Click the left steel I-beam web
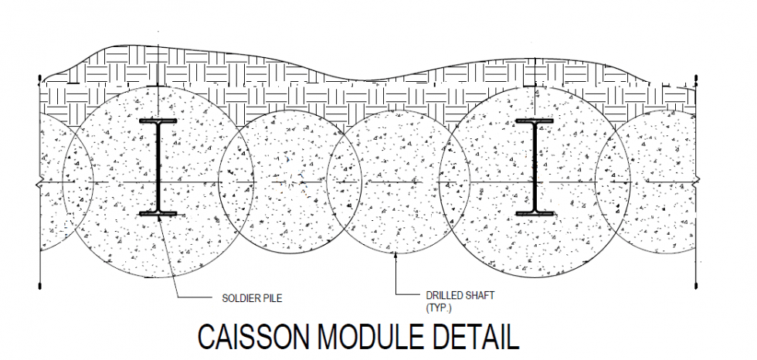coord(158,167)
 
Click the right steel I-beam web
coord(534,167)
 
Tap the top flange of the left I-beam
coord(158,122)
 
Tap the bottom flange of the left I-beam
coord(158,212)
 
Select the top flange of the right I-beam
coord(534,122)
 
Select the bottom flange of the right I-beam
coord(534,212)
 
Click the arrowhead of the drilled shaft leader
coord(395,256)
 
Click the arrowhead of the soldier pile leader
coord(161,217)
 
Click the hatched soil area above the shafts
coord(348,89)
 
